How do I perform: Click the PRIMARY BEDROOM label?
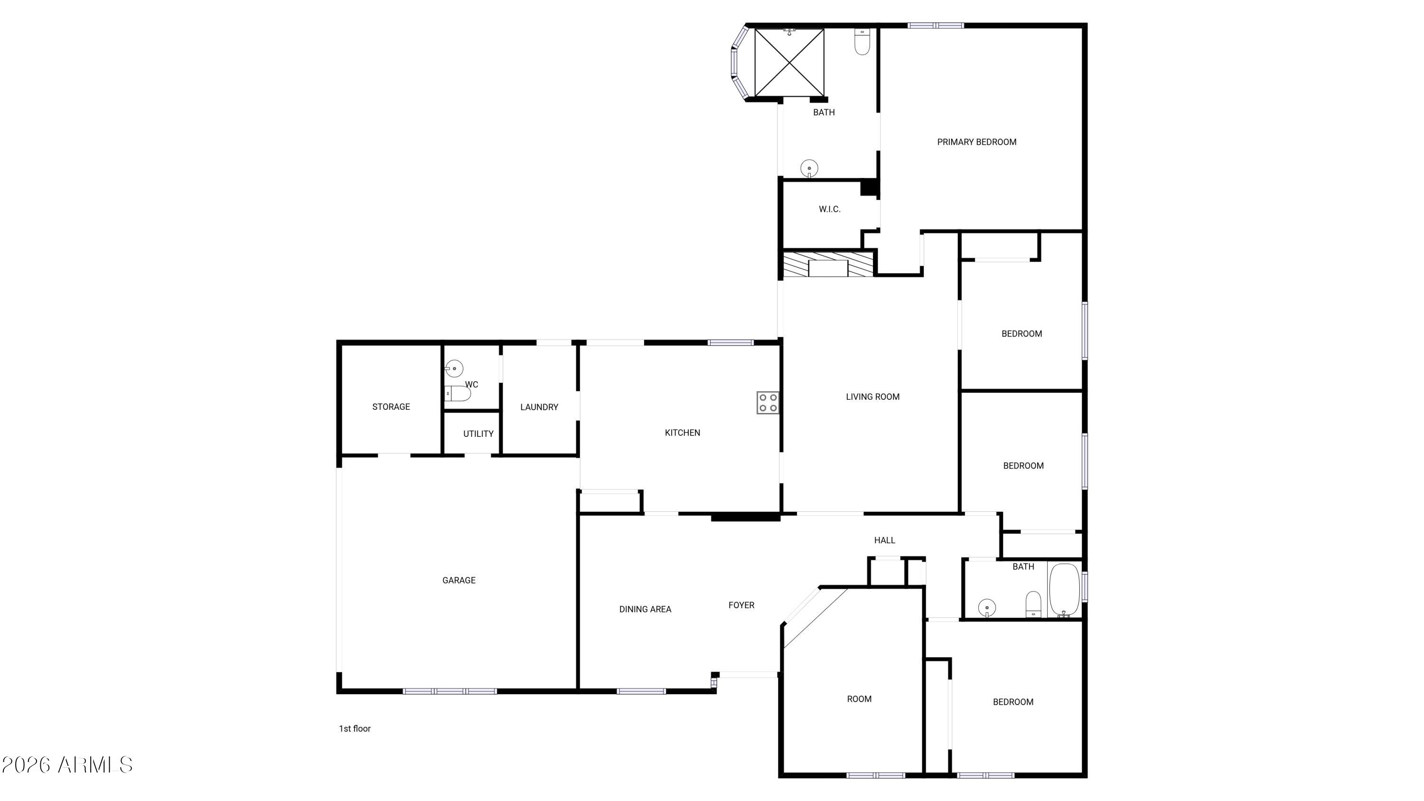click(976, 142)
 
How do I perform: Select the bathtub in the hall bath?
click(1064, 590)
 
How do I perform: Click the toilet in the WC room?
click(458, 394)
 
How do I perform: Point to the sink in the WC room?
click(454, 368)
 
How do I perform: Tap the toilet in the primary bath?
click(862, 41)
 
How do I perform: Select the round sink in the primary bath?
click(809, 169)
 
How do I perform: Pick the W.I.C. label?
click(830, 209)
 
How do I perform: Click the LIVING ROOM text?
click(872, 396)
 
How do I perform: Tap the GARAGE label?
click(459, 580)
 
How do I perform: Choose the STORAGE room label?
click(391, 407)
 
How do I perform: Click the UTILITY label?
click(478, 434)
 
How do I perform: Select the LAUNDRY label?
click(539, 407)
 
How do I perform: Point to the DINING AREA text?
click(645, 609)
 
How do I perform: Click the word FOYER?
click(741, 605)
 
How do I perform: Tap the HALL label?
click(884, 540)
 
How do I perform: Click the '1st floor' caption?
click(355, 728)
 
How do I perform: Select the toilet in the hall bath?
click(1033, 604)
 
